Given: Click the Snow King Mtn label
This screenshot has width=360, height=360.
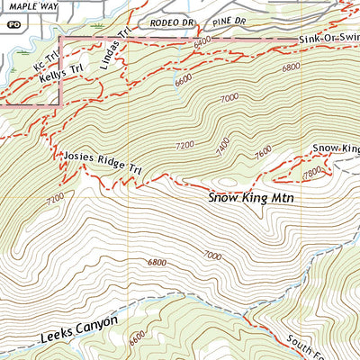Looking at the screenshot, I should (251, 195).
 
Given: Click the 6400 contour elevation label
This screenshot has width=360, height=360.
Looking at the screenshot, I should (202, 41).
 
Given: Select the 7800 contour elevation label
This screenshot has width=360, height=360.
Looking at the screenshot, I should (312, 171).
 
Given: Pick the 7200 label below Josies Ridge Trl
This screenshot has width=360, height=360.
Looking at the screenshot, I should (55, 196).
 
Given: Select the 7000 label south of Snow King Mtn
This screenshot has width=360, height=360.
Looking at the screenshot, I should (212, 256).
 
